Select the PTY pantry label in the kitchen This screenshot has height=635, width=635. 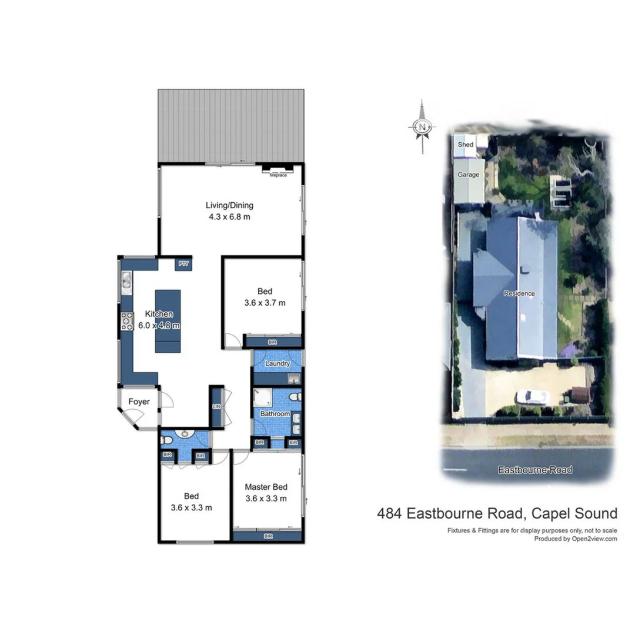click(x=183, y=265)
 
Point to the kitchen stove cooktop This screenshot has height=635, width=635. click(x=127, y=321)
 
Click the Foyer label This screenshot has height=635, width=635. click(x=139, y=402)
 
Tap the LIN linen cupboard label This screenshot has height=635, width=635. click(x=216, y=407)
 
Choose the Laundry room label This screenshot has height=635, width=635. click(x=277, y=363)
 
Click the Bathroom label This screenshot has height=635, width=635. click(x=275, y=414)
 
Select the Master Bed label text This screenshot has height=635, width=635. click(x=266, y=487)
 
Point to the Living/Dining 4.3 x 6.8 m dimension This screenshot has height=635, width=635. click(x=229, y=217)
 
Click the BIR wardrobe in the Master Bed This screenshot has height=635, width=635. click(x=268, y=536)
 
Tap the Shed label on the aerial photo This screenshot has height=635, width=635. click(x=466, y=145)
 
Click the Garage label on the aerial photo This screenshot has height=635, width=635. click(x=469, y=175)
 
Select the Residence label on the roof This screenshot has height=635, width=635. click(x=520, y=293)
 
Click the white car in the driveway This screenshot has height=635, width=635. click(x=532, y=397)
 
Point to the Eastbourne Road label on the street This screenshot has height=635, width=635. click(x=534, y=470)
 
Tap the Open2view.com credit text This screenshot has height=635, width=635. click(x=594, y=539)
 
